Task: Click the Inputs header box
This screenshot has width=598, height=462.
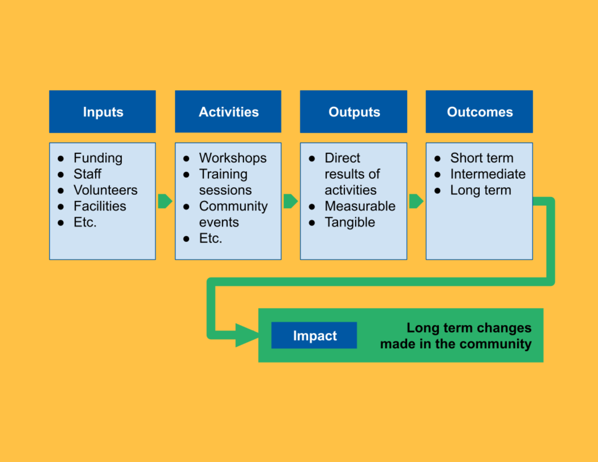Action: coord(102,112)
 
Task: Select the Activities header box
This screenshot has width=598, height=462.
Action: coord(228,112)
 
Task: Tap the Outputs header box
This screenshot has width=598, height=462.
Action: coord(353,112)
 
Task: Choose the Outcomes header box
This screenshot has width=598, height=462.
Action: coord(479,112)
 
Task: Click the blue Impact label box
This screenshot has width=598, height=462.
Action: coord(314,335)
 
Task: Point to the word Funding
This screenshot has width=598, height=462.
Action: coord(98,158)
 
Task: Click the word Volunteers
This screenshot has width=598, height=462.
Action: coord(105,190)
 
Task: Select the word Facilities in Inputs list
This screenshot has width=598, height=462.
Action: coord(100,206)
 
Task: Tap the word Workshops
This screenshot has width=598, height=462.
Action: coord(233,158)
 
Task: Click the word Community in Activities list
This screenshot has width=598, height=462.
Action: coord(233,206)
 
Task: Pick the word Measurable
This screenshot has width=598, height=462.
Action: coord(360,206)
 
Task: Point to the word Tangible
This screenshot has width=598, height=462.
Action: coord(350,222)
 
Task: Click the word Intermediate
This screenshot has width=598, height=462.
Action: coord(488,174)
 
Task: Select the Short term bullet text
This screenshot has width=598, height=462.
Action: coord(482,158)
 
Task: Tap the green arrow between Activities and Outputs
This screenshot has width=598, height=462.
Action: coord(290,201)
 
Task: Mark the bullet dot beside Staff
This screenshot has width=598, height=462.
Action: coord(61,174)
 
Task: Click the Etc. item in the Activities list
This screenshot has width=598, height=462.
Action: coord(210,238)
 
